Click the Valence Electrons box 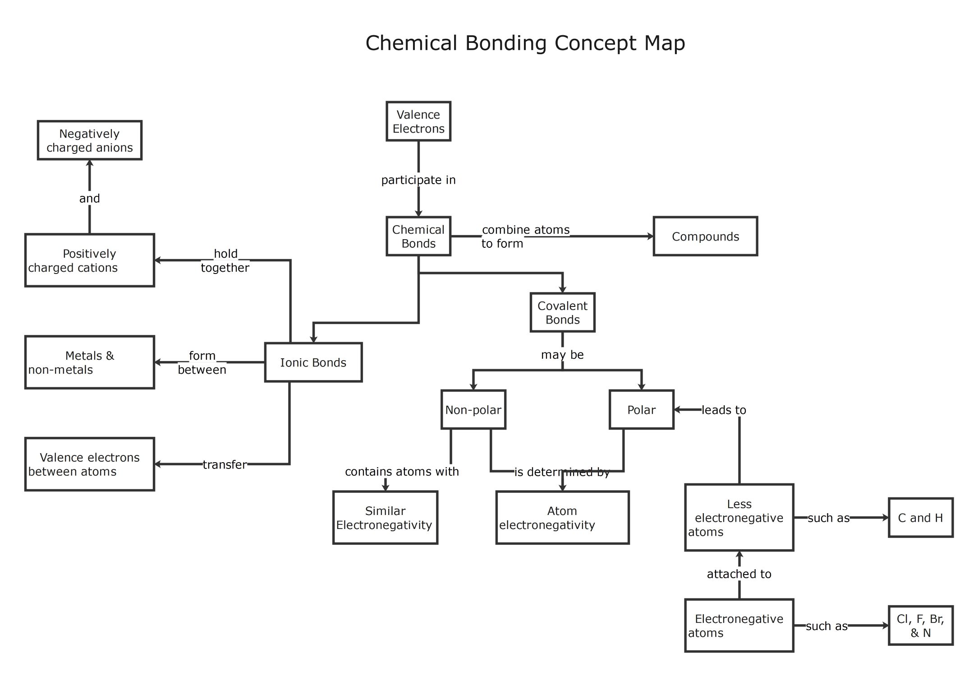418,121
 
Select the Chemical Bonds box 418,236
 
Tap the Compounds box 705,236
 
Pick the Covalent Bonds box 562,313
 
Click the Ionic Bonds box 313,362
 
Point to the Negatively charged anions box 89,140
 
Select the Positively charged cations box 89,260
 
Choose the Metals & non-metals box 89,362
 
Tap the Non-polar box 473,410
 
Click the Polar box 641,410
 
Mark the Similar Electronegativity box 385,518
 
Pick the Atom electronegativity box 562,518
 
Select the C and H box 920,518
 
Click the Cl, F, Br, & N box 920,626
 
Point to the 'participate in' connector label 418,180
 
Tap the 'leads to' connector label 724,410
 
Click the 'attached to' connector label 739,574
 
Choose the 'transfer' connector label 225,464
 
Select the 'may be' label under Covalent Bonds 562,355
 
